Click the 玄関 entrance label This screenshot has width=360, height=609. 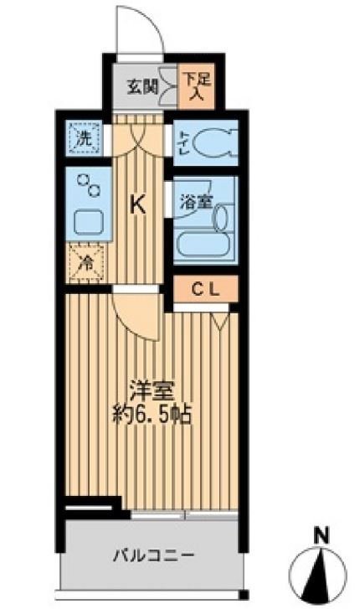(x=141, y=85)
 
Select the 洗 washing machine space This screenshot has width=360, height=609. (x=85, y=138)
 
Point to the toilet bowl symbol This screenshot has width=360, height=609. (x=213, y=143)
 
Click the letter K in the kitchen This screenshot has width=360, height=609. (x=138, y=204)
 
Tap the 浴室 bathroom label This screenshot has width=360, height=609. (x=194, y=202)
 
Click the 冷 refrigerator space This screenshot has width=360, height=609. (x=85, y=263)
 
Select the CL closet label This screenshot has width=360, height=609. (x=206, y=291)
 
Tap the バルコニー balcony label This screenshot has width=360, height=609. (x=154, y=554)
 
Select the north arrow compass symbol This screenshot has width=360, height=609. (x=321, y=574)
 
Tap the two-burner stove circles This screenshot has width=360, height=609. (x=88, y=184)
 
